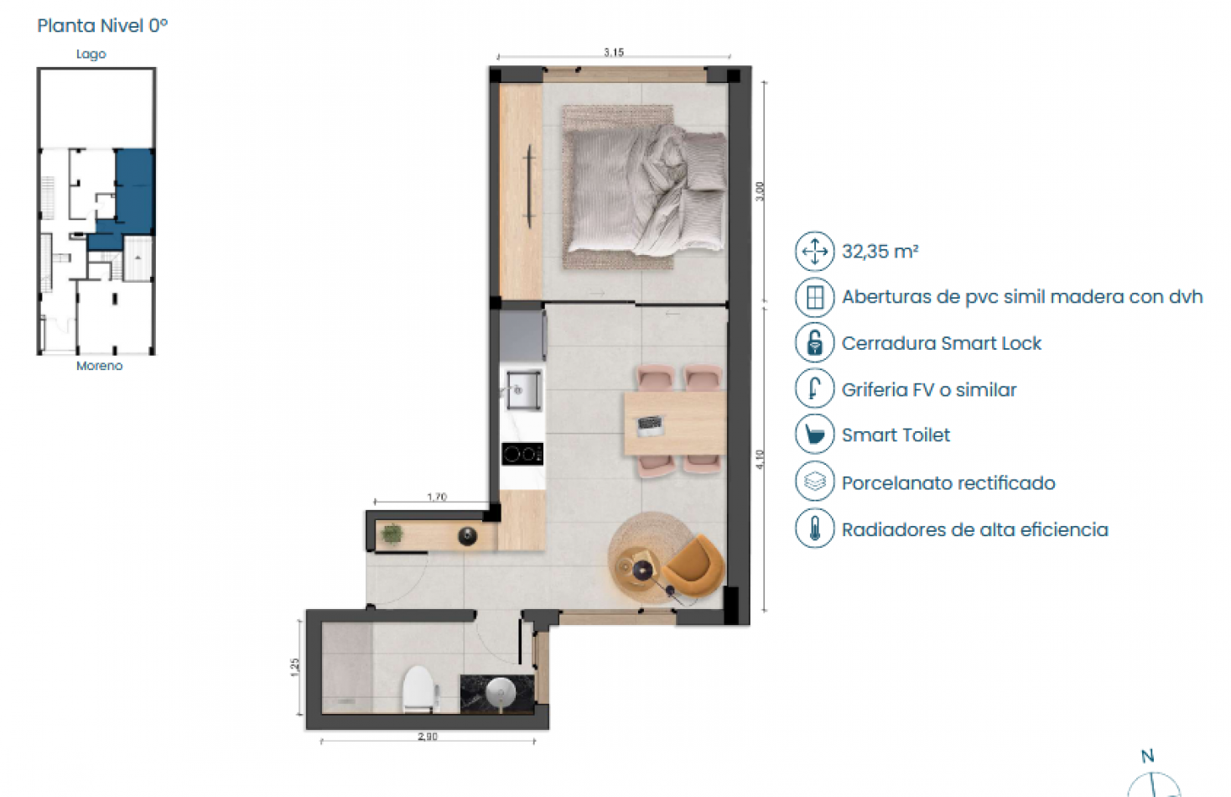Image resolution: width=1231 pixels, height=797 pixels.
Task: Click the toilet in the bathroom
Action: point(418,688)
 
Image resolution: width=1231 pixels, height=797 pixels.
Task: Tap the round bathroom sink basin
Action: point(501,692)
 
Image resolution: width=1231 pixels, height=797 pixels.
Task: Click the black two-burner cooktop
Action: point(522,454)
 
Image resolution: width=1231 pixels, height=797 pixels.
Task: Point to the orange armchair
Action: point(694,565)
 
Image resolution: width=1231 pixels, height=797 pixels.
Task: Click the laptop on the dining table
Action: point(651,425)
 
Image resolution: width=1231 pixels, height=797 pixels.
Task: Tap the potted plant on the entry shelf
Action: point(392,534)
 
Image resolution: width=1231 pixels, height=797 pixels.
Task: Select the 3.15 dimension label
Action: point(614,52)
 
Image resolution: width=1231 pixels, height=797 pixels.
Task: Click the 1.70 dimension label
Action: point(437,497)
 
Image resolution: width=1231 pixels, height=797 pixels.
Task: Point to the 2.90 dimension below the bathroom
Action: point(428,737)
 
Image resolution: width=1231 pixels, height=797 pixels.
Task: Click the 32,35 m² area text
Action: point(880,252)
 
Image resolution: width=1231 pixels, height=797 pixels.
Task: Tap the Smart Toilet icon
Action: point(814,435)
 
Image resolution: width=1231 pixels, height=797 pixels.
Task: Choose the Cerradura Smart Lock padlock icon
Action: point(814,343)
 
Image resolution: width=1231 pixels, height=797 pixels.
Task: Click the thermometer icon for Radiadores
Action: point(814,529)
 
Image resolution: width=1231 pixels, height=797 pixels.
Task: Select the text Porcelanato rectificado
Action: point(948,483)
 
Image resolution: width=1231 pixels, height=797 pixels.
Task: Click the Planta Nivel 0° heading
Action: point(102,26)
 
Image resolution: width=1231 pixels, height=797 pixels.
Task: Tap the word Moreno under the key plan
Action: point(99,366)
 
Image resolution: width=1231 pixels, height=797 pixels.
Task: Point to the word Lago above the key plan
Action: point(91,55)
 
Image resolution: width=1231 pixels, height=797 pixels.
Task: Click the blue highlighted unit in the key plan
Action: point(134,191)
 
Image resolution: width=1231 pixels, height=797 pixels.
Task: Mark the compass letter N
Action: point(1147,756)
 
